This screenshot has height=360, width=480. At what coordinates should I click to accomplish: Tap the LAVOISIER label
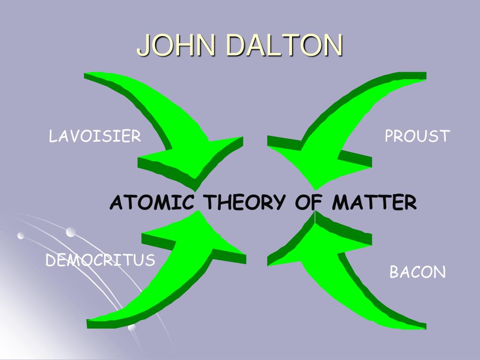click(95, 136)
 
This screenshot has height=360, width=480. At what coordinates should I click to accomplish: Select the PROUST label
click(417, 136)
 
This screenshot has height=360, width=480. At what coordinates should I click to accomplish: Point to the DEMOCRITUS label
click(100, 260)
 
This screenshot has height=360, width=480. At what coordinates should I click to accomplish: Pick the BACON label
click(418, 272)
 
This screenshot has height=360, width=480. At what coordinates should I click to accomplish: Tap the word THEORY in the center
click(245, 203)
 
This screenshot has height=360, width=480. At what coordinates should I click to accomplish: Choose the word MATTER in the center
click(374, 203)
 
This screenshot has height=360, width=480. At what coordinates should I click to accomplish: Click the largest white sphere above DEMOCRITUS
click(71, 232)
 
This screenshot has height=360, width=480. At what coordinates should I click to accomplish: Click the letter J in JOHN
click(144, 45)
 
